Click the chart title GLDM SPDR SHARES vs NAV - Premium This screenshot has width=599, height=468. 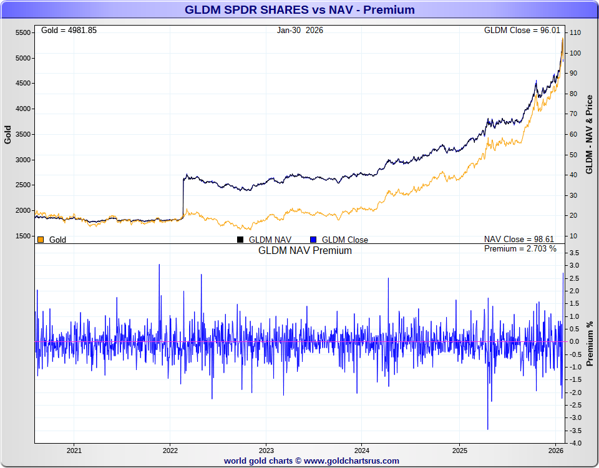(299, 10)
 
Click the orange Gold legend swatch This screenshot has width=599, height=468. (41, 240)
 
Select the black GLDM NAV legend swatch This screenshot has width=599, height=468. (240, 240)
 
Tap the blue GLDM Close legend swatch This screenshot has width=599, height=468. (313, 240)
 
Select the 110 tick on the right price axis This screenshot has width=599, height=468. (575, 32)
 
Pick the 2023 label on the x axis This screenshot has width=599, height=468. (266, 450)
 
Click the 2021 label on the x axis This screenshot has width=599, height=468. (74, 450)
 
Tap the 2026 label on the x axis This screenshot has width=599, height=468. (555, 450)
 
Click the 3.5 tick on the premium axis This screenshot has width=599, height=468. (575, 253)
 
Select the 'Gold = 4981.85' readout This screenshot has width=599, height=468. (69, 30)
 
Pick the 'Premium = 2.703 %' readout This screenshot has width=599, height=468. (520, 249)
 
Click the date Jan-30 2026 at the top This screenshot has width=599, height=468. (300, 30)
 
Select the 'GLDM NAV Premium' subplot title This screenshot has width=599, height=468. (305, 251)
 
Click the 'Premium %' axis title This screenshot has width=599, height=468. (590, 343)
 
